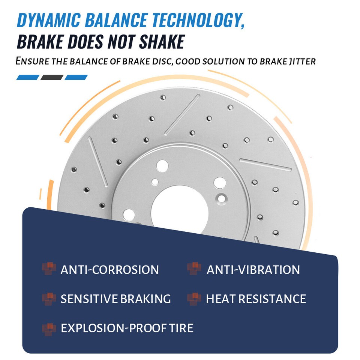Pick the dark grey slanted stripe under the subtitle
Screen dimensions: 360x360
click(x=52, y=78)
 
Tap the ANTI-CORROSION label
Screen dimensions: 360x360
click(x=109, y=270)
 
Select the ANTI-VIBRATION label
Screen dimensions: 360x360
click(x=253, y=270)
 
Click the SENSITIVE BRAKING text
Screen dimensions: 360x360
click(x=115, y=299)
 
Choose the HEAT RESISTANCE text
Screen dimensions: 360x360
click(x=256, y=299)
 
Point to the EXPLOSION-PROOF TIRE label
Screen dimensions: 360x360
click(x=127, y=328)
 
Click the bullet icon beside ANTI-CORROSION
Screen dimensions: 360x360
click(x=49, y=269)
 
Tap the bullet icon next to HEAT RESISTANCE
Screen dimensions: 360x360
click(x=194, y=298)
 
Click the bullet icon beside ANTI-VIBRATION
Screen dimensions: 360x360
click(x=194, y=269)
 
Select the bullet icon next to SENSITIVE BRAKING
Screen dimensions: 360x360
click(x=49, y=298)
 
